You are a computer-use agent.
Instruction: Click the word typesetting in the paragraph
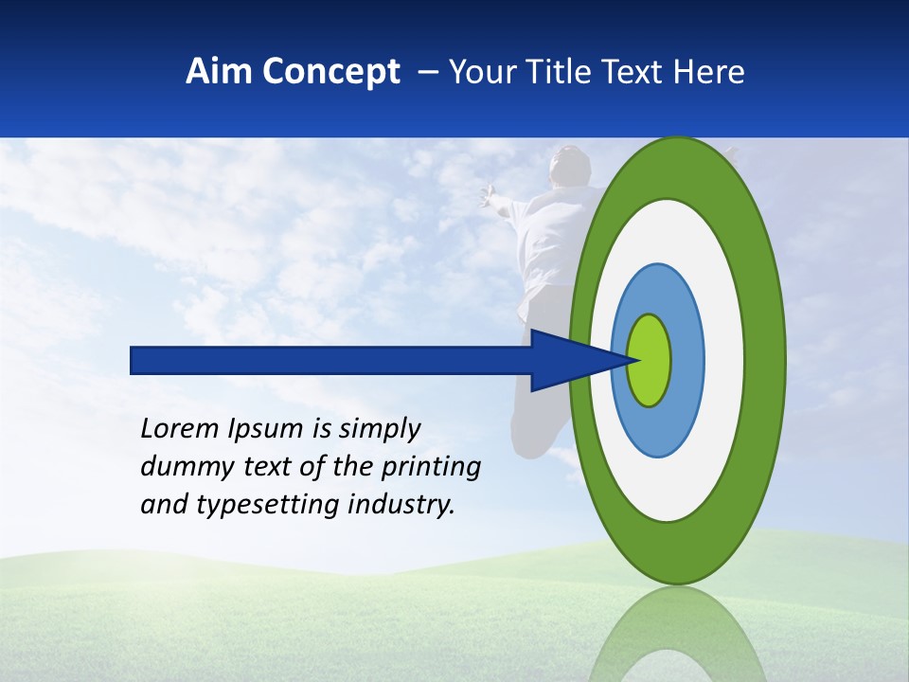tap(252, 506)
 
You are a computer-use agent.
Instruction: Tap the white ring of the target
tap(723, 360)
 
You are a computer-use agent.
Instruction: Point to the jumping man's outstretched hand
tap(488, 194)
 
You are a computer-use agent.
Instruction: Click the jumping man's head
tap(571, 166)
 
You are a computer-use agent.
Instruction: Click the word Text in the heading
tap(630, 72)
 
